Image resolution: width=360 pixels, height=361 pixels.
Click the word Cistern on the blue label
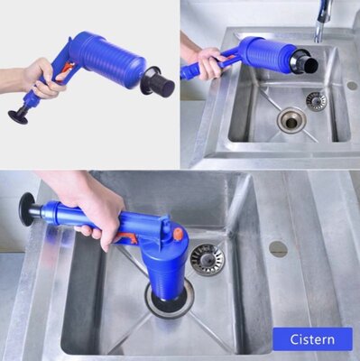312,339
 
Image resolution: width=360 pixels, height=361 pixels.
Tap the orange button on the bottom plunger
178,233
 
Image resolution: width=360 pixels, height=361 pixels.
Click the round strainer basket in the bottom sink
208,259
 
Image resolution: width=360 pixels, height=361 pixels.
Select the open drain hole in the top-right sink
291,120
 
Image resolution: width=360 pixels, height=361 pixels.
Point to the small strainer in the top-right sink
316,101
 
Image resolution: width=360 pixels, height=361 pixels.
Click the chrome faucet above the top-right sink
322,21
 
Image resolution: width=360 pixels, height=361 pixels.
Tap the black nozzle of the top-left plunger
157,80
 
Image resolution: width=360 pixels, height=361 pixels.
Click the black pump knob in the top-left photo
19,116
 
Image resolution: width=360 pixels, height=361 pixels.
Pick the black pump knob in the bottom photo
27,209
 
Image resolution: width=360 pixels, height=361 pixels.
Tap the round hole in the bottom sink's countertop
278,249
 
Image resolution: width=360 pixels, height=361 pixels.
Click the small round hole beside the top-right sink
352,86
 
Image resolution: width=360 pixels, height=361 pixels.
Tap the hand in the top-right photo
208,63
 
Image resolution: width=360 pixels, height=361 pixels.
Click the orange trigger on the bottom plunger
128,238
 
